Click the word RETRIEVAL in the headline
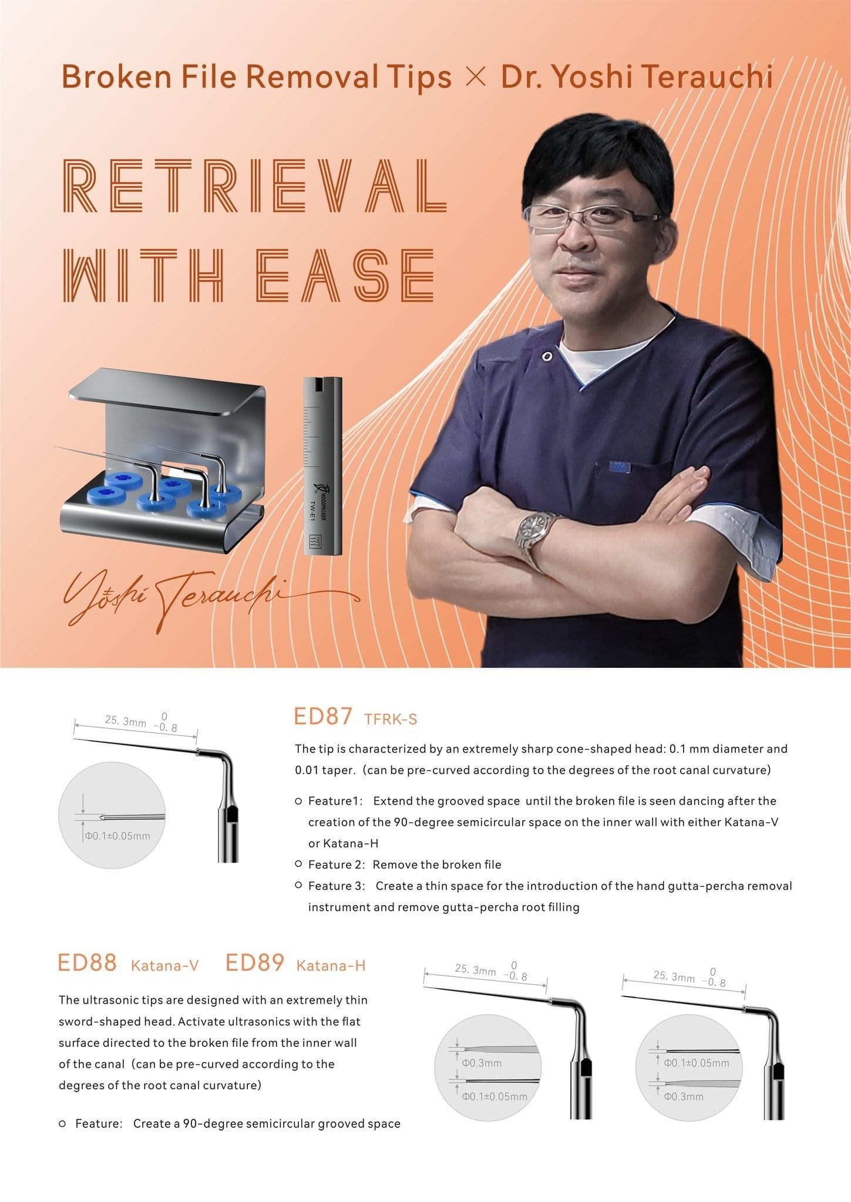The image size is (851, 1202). coord(254,186)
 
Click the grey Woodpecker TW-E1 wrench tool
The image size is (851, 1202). coord(322,467)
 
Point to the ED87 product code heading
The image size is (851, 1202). coord(322,717)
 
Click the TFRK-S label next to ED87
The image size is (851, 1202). coord(391,719)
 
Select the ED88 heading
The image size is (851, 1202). coord(87,963)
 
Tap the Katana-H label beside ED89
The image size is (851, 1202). coord(331,965)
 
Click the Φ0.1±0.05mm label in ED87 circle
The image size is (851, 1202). coord(117,836)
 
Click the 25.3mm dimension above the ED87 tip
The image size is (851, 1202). coord(126,721)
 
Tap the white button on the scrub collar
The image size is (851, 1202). coord(547,356)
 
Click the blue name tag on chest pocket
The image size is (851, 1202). coord(618,466)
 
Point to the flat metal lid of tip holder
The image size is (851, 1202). coord(167,390)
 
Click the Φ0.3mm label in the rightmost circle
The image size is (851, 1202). coord(684,1096)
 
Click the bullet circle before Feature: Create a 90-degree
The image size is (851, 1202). coord(62,1124)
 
